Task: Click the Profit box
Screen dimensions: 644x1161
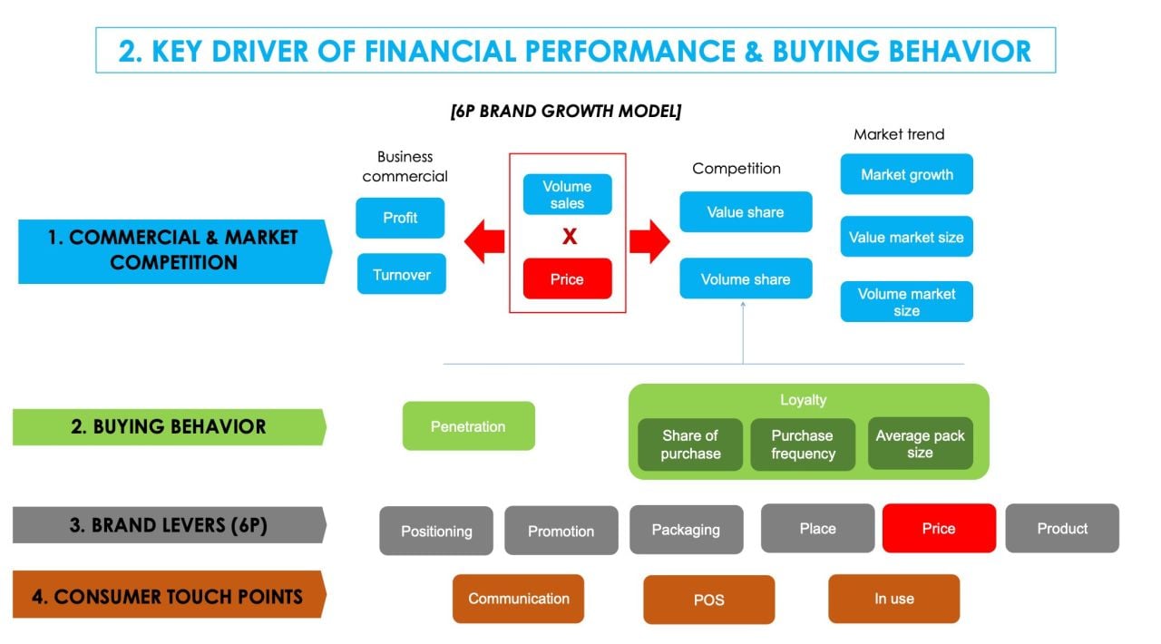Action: [x=400, y=218]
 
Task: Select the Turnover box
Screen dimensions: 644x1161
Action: [x=401, y=274]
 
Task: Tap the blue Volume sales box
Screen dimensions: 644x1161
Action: [x=567, y=195]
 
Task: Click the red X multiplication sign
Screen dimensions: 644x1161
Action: [x=569, y=237]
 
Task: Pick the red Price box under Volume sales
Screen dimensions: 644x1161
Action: [x=567, y=279]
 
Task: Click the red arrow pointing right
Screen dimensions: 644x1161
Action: [x=649, y=242]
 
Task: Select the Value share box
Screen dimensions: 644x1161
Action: [x=746, y=212]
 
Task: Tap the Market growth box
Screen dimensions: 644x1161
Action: [x=906, y=174]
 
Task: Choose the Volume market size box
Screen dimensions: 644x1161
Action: [x=906, y=302]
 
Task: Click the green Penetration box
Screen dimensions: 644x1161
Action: [x=468, y=426]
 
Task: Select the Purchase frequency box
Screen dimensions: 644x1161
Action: [x=802, y=444]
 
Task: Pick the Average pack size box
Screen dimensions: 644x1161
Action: [x=920, y=444]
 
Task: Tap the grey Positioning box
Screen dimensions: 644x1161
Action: [x=436, y=531]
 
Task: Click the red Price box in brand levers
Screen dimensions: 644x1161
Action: [x=939, y=528]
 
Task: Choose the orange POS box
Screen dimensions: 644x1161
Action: [x=708, y=600]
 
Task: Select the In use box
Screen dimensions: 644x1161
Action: [x=893, y=599]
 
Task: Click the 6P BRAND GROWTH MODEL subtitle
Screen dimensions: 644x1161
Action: [x=566, y=112]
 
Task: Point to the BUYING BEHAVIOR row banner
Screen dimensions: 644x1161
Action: [x=169, y=427]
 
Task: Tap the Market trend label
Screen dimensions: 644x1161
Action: [x=899, y=134]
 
